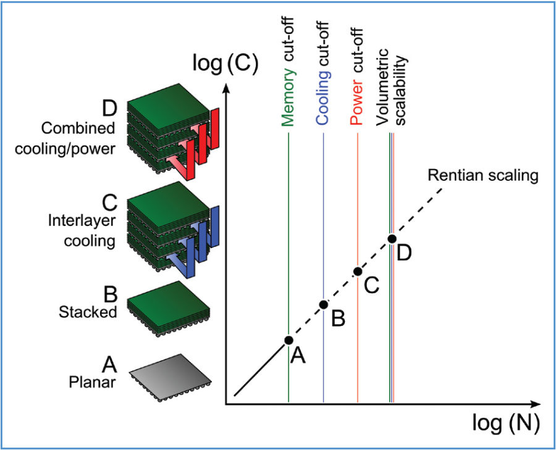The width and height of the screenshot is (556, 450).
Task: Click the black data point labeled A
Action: coord(289,340)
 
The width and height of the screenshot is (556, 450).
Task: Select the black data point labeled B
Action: coord(323,304)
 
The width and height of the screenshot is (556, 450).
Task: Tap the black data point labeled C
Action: coord(357,271)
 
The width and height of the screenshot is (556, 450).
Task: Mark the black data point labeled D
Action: coord(391,238)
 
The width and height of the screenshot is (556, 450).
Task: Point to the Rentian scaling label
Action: coord(483,175)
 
